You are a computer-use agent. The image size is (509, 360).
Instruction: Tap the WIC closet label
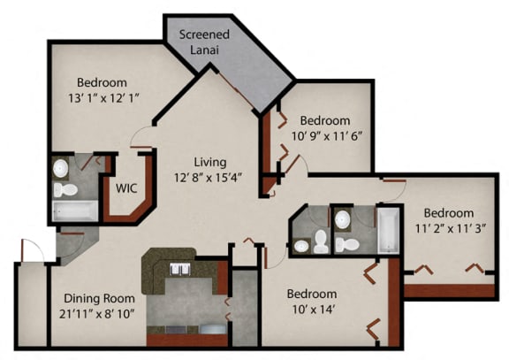click(x=125, y=188)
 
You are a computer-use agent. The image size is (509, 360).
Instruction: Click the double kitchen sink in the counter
click(x=181, y=270)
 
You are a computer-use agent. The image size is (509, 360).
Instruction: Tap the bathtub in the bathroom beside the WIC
click(x=74, y=211)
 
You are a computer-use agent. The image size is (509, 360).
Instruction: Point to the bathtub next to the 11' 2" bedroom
click(x=389, y=228)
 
